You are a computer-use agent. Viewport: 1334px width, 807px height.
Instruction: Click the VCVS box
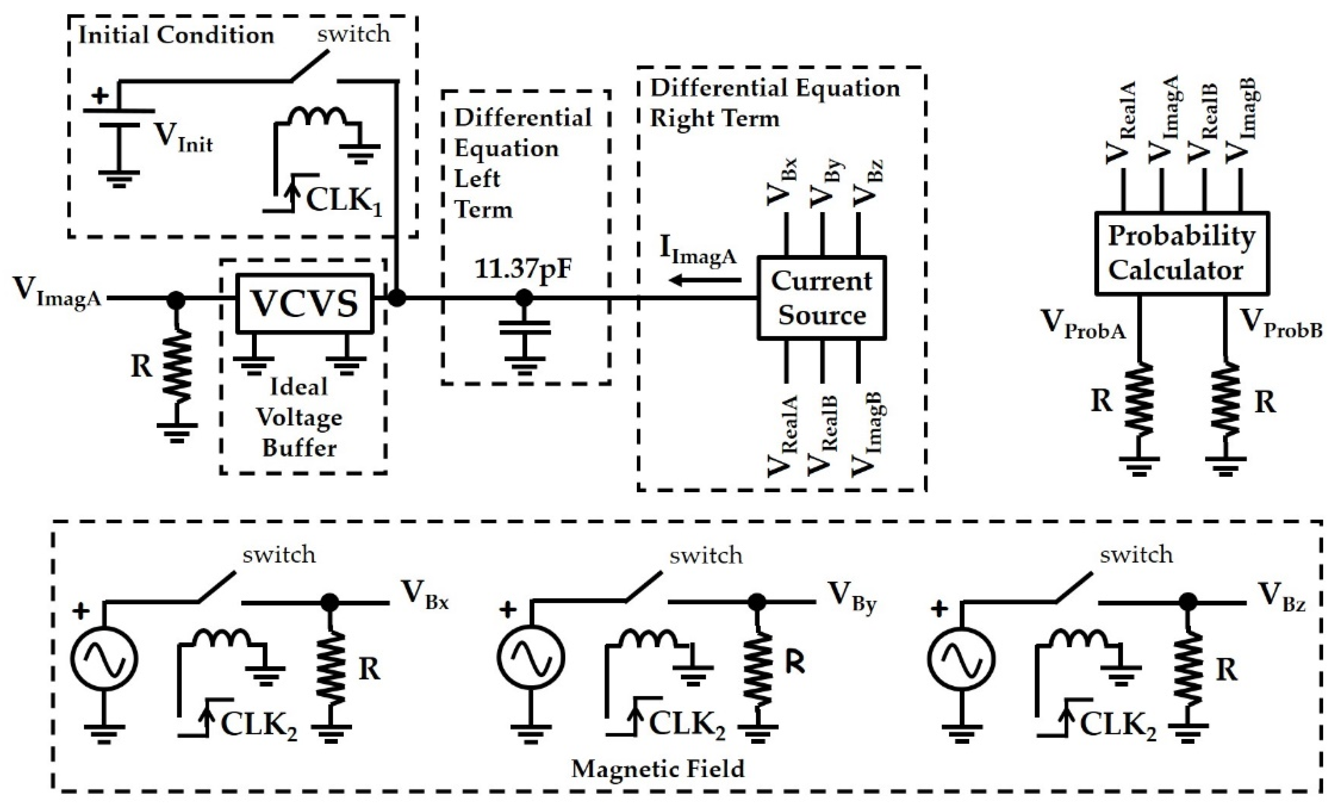[x=305, y=303]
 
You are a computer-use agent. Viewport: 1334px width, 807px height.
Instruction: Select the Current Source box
[x=821, y=298]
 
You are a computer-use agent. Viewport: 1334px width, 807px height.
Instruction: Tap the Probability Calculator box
[x=1181, y=253]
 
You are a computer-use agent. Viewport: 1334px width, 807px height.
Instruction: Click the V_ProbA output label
[x=1083, y=325]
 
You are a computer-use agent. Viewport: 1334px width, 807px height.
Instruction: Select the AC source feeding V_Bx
[x=104, y=659]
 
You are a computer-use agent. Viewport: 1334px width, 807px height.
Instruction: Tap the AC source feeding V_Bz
[x=961, y=659]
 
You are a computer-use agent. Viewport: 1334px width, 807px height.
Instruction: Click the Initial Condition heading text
[x=176, y=36]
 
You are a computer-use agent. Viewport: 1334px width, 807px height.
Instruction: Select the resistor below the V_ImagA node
[x=176, y=367]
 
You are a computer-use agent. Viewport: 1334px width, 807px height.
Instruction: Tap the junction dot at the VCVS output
[x=397, y=297]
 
